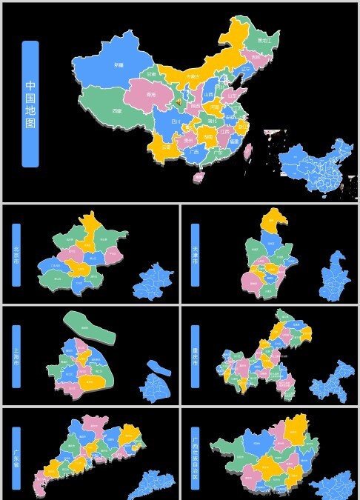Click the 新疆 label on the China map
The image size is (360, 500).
tap(119, 65)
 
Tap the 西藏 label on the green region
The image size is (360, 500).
tap(117, 110)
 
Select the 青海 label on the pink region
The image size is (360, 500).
tap(151, 94)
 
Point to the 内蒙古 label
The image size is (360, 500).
tap(193, 76)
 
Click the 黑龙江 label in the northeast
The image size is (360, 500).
tap(263, 41)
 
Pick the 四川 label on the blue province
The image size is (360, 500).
tap(176, 120)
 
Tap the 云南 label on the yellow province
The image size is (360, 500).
tap(165, 147)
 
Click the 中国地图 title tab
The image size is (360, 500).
tap(30, 103)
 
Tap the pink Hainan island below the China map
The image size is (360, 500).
tap(199, 177)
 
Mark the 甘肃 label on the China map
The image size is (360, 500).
tap(152, 74)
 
